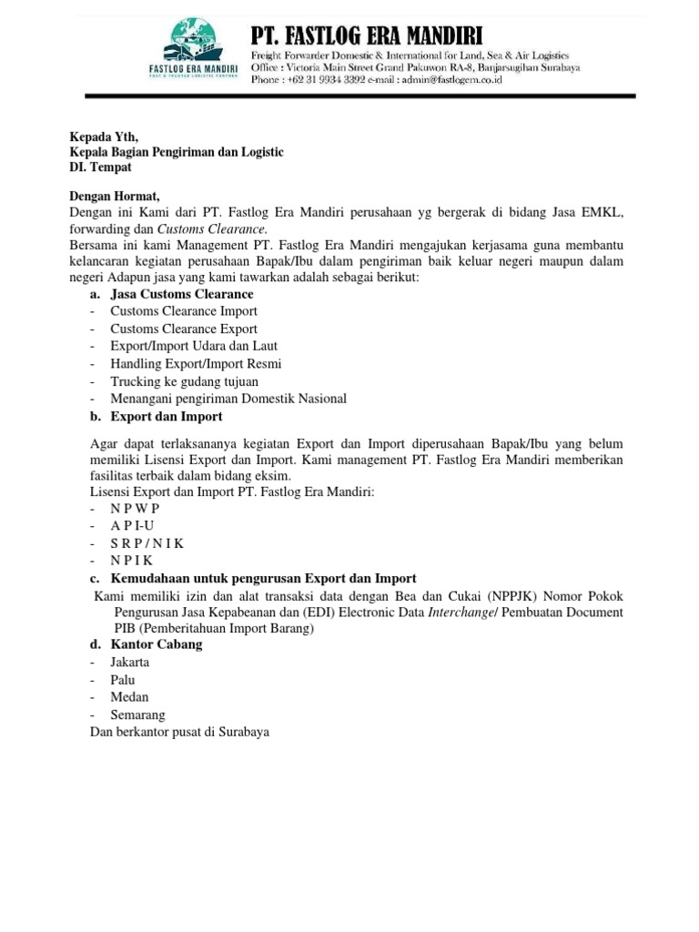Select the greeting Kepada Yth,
point(103,137)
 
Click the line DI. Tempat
point(100,167)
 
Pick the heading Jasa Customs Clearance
point(182,294)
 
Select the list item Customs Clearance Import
point(184,311)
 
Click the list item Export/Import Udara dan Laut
point(194,346)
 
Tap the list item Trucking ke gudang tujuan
point(184,381)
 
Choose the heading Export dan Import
point(167,416)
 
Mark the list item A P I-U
point(132,526)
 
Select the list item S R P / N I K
point(147,543)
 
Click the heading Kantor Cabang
point(157,644)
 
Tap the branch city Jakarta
point(130,662)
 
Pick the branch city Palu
point(124,680)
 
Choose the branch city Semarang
point(138,714)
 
